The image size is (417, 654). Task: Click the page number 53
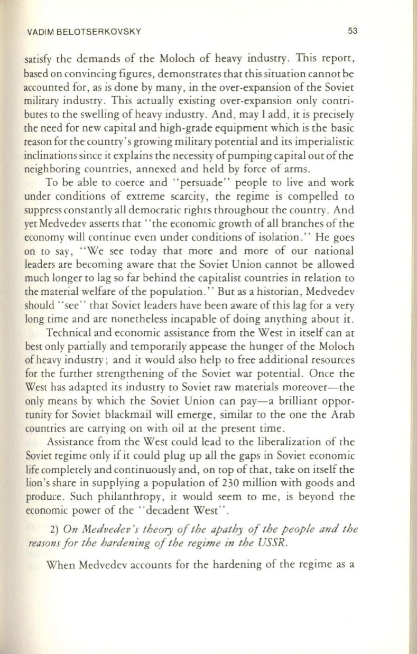[x=353, y=31]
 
